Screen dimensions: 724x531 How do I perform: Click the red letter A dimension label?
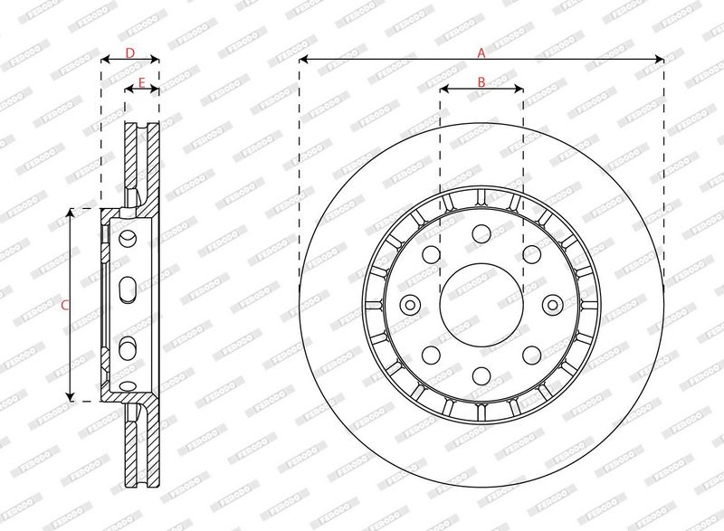coord(481,53)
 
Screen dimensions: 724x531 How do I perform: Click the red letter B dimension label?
coord(481,82)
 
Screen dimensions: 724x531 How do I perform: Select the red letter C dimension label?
coord(65,305)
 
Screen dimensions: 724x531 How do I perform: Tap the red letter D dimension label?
coord(130,53)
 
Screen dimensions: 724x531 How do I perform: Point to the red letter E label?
coord(142,82)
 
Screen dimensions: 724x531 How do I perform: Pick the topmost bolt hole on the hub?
coord(481,233)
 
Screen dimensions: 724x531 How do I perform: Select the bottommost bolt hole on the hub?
coord(481,375)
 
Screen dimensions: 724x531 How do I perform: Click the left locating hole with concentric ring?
coord(410,305)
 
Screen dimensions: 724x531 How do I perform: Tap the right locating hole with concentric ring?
coord(552,305)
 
